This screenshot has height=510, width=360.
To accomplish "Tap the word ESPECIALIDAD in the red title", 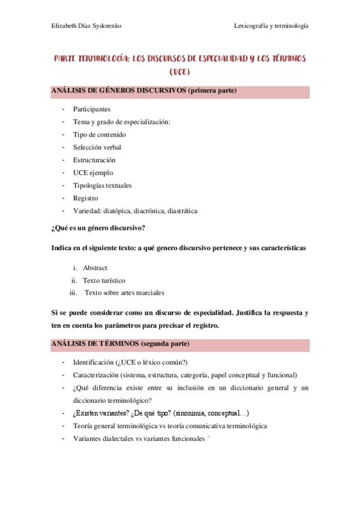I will pos(213,59).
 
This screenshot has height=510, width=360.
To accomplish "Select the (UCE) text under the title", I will pos(180,73).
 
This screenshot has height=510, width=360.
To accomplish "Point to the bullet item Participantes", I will pos(91,109).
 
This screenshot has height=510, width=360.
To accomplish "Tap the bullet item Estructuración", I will pos(94,160).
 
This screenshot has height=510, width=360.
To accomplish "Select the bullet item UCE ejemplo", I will pos(93,173).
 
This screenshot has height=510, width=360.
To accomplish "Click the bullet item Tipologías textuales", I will pos(102,185).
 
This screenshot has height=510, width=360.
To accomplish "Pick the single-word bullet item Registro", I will pos(85,198).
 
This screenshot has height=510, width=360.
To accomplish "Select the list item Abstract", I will pos(95,268).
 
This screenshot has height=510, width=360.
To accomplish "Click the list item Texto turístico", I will pos(104,280).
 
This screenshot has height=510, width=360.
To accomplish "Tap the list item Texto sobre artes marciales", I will pos(124,293).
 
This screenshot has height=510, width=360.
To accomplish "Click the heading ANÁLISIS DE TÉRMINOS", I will pos(96,344).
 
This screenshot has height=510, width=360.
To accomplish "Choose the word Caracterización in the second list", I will pos(95,375).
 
